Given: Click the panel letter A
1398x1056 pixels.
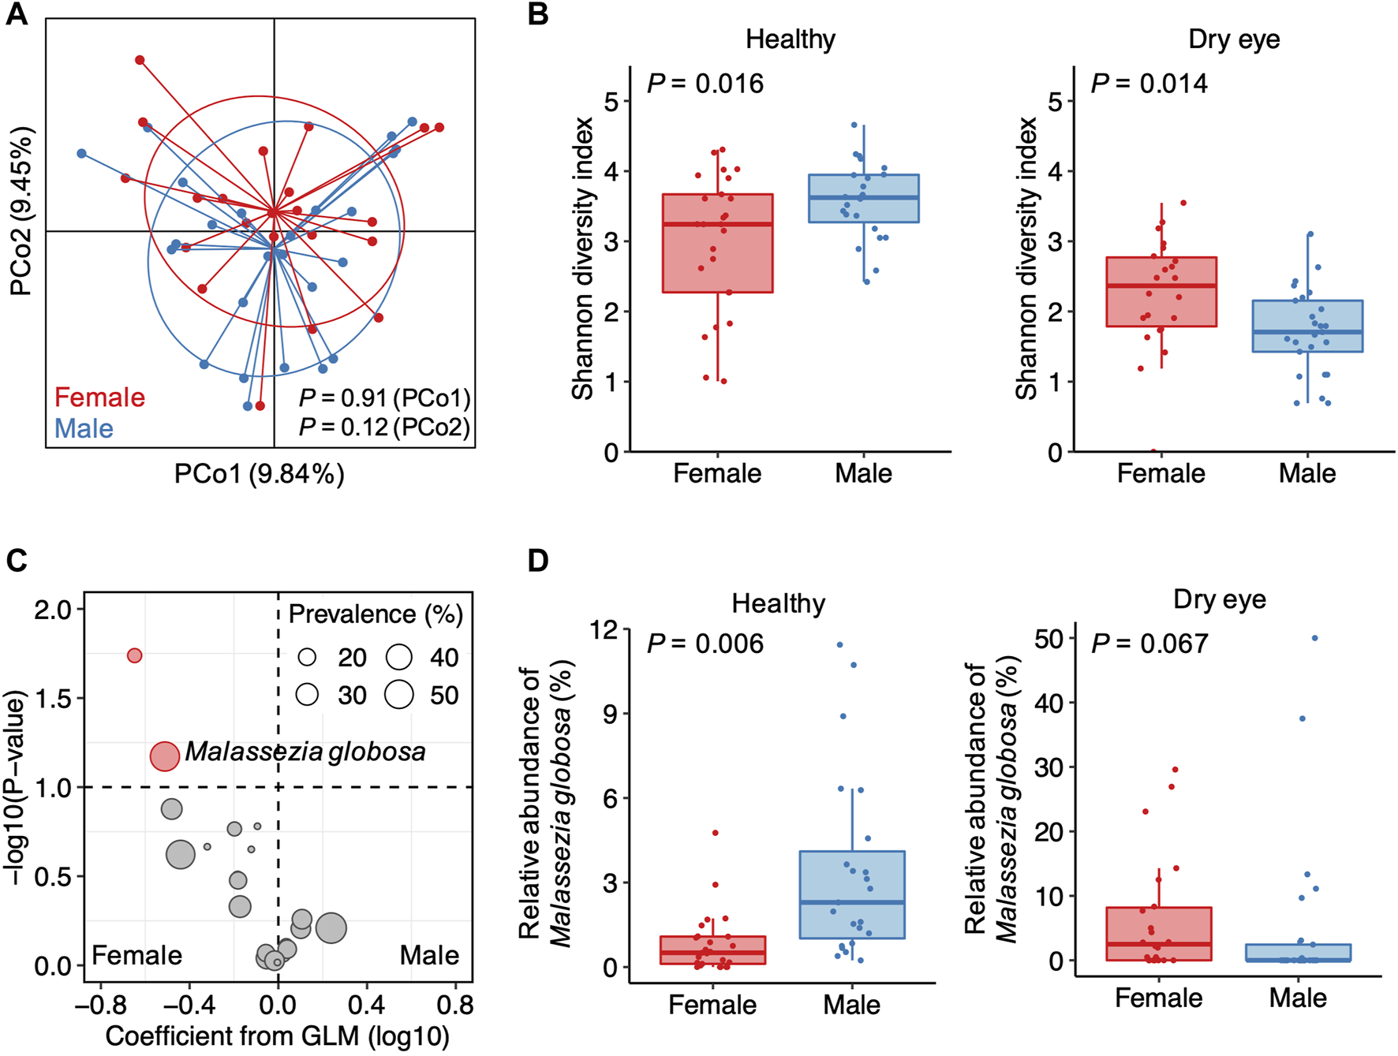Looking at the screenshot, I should (17, 15).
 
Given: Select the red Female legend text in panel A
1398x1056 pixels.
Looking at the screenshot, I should (99, 397).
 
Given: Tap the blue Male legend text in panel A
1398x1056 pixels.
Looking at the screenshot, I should (84, 429).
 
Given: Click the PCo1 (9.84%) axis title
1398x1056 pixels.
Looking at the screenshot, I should (259, 474).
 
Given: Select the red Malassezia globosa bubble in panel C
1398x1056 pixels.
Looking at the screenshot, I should (165, 756).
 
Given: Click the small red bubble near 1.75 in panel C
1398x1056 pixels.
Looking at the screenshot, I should (135, 655).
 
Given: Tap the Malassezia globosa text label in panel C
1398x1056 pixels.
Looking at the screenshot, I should (305, 752).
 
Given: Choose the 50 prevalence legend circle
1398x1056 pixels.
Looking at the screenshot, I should (399, 694).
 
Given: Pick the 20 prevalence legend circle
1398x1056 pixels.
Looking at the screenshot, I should (307, 657).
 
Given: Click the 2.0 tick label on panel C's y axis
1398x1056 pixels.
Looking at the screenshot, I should (52, 610).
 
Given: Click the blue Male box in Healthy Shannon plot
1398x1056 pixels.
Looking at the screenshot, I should (864, 199).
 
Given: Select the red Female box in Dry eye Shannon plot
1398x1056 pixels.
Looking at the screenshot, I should (1161, 292).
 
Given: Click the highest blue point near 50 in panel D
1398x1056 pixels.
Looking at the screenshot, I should (1314, 638).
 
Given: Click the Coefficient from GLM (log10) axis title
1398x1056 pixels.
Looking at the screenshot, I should (277, 1036).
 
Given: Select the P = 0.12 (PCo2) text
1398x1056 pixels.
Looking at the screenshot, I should (384, 427).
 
